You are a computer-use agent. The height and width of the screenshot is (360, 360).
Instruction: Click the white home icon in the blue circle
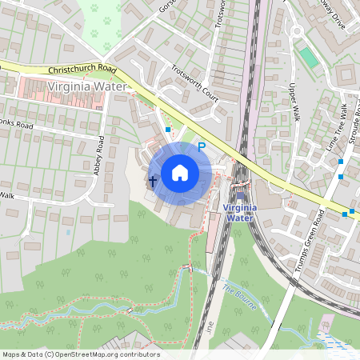180,173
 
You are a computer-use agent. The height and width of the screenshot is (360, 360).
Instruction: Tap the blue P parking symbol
202,146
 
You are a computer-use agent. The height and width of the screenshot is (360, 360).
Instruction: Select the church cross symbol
151,181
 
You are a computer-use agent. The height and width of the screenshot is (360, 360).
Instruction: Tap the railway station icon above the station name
240,195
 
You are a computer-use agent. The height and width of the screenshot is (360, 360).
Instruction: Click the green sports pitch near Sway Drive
307,57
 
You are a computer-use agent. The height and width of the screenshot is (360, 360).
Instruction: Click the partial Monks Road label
16,126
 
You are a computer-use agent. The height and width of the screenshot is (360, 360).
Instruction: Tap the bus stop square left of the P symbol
168,129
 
